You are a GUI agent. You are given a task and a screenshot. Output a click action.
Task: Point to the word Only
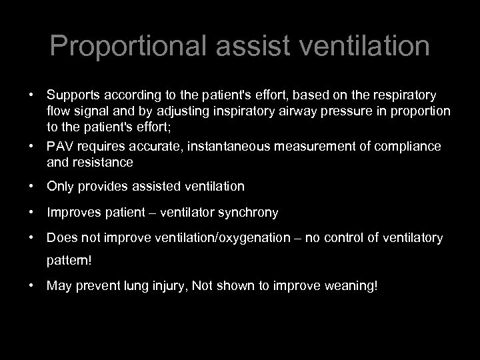[59, 186]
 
